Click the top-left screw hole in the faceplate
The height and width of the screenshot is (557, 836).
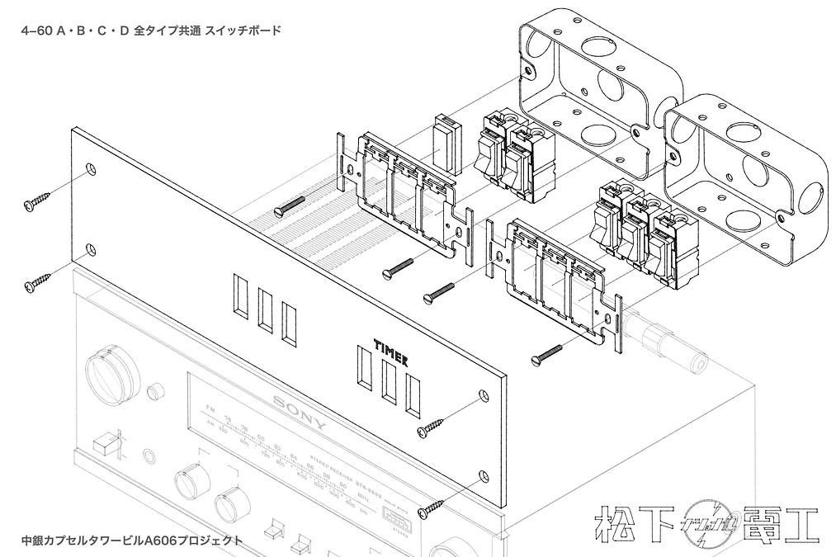[91, 170]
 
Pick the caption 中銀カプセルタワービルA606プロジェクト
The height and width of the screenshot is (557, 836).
[132, 540]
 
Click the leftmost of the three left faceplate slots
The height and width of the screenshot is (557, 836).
[240, 296]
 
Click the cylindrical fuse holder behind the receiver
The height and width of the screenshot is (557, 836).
[668, 343]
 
